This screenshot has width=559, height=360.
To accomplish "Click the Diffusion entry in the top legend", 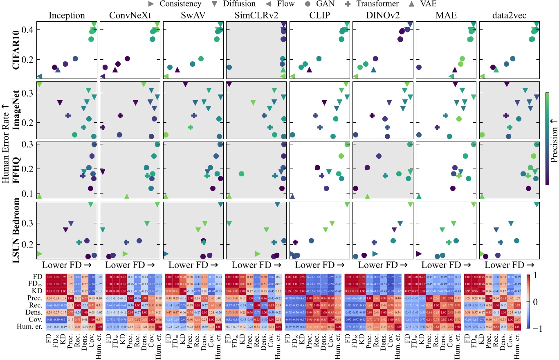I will [x=239, y=4].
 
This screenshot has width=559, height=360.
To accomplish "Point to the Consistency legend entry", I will [x=175, y=4].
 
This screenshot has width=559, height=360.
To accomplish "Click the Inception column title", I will [x=67, y=16].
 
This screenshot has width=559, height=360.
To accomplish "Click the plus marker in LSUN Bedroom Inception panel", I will [x=79, y=242].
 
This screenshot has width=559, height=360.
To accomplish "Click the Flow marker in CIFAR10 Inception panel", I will [x=39, y=76].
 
